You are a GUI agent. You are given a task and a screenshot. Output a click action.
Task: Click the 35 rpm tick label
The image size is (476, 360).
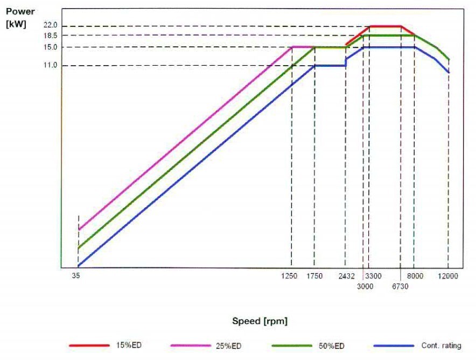[x=75, y=276]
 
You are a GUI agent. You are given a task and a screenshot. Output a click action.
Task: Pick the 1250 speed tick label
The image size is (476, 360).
[x=289, y=276]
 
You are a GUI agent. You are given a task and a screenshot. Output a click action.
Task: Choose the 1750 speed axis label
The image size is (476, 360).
[x=314, y=276]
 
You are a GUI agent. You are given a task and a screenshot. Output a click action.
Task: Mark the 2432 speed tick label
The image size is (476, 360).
[x=347, y=276]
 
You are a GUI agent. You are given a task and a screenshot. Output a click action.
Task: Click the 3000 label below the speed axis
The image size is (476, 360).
[x=365, y=286]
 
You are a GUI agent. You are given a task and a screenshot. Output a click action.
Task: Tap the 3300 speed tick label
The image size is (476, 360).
[x=374, y=276]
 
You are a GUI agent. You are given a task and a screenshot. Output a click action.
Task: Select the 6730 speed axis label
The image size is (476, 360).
[x=400, y=286]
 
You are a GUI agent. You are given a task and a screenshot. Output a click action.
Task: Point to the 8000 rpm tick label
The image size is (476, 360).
[x=415, y=276]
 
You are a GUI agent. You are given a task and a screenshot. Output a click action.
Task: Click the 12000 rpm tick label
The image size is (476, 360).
[x=447, y=276]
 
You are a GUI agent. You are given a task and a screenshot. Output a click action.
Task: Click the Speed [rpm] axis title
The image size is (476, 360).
[x=260, y=321]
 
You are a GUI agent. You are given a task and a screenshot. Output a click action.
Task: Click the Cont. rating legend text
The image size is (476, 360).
[x=441, y=345]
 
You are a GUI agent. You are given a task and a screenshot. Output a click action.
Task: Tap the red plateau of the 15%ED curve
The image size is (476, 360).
[x=385, y=26]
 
